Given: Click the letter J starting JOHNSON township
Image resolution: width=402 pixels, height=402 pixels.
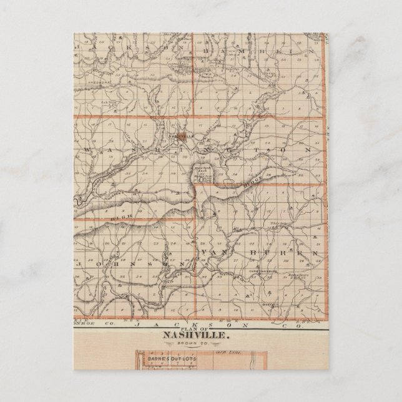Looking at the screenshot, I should [77, 264].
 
